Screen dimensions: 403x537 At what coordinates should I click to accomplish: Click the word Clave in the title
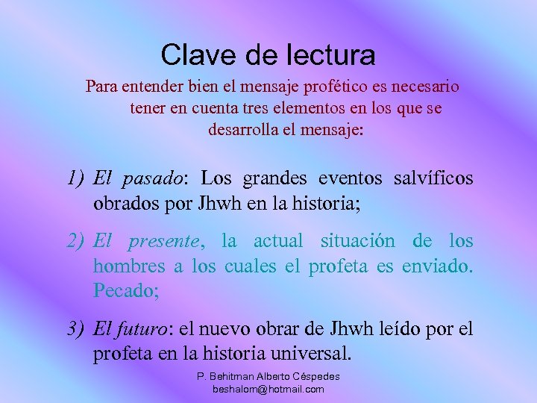pos(189,54)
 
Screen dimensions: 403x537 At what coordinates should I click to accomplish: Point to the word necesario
pos(426,87)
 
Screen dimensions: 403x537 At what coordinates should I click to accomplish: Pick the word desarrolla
pos(251,130)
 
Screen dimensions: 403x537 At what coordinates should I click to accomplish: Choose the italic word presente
pos(165,242)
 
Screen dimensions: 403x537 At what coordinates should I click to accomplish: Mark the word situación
pos(358,241)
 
